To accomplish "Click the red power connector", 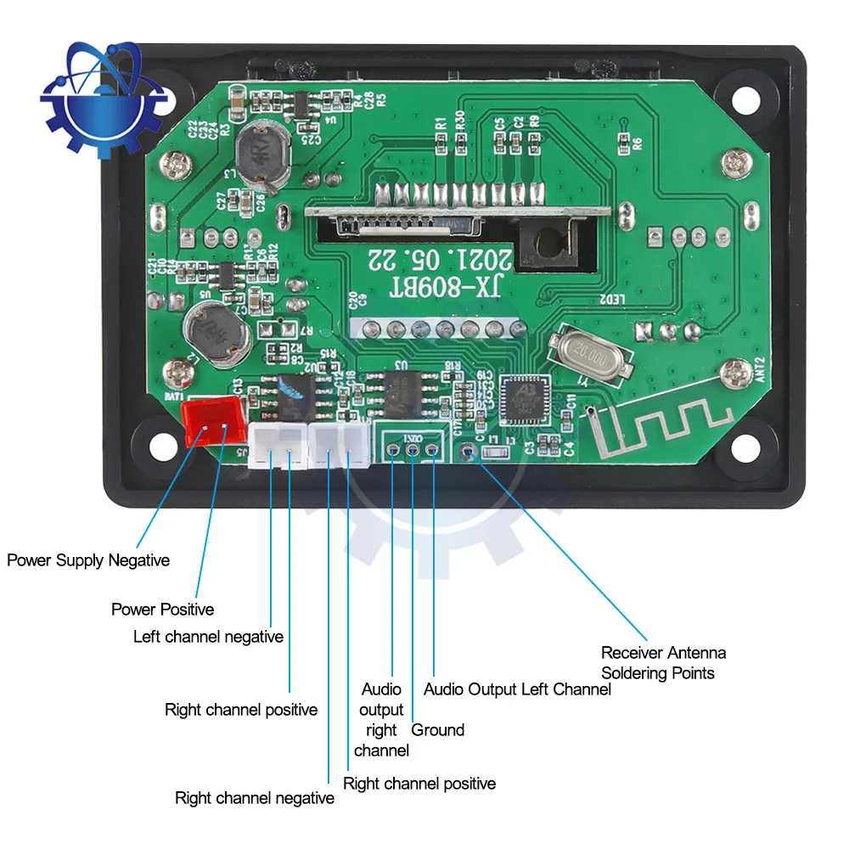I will click(x=212, y=422).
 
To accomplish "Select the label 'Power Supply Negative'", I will click(x=88, y=560).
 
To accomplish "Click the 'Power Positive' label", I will click(x=162, y=610).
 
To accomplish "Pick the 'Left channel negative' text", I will click(x=208, y=637).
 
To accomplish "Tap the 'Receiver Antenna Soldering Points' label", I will click(x=663, y=663).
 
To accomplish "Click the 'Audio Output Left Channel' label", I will click(x=517, y=689).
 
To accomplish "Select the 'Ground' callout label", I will click(x=438, y=730).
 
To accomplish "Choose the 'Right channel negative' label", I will click(x=254, y=798).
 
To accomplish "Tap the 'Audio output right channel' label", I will click(x=381, y=720).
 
